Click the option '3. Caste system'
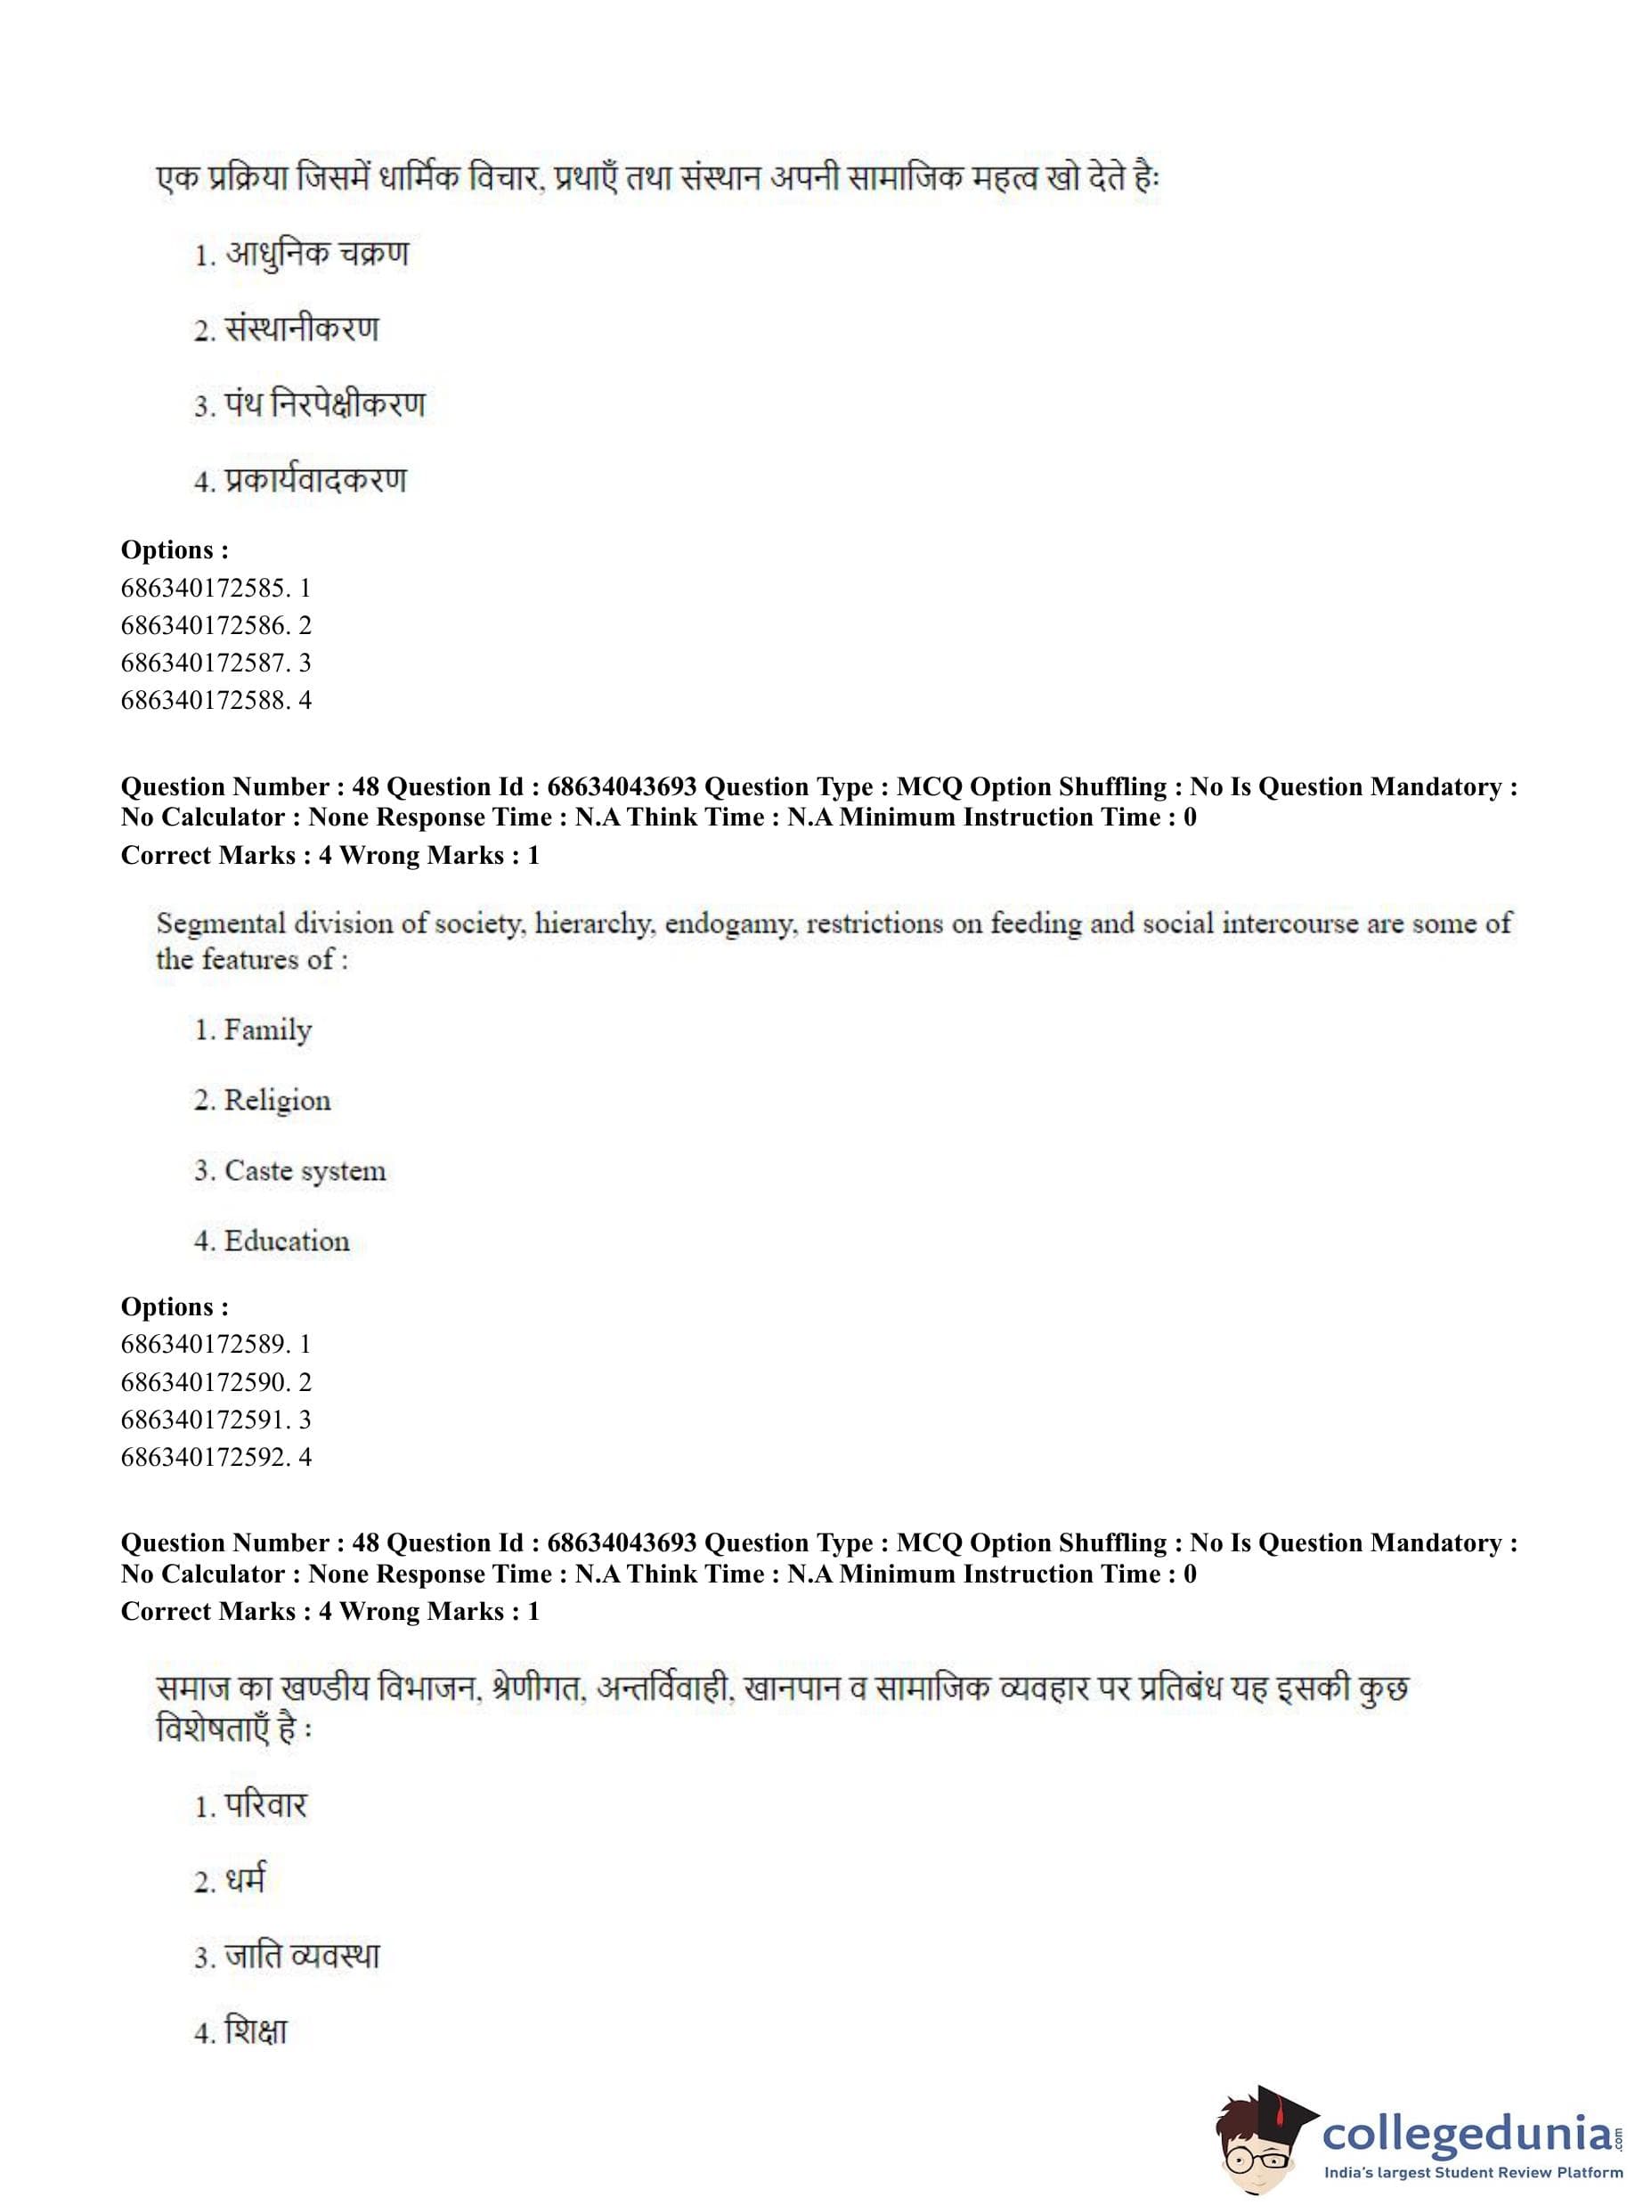[x=289, y=1171]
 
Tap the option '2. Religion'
[x=263, y=1101]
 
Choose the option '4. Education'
[x=272, y=1241]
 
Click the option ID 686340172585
[x=205, y=588]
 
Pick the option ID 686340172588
[x=205, y=701]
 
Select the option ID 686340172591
[x=205, y=1420]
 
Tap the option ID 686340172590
[x=205, y=1381]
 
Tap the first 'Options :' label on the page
[x=175, y=550]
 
